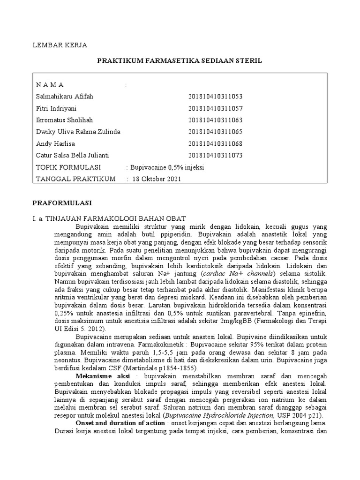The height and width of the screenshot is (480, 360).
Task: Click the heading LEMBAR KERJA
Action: point(59,45)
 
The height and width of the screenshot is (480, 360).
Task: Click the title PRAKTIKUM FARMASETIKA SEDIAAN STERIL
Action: point(180,61)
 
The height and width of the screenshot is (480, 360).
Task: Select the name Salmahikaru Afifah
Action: point(65,97)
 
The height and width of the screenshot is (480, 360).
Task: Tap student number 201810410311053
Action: point(215,97)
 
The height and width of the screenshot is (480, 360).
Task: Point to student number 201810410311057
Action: point(215,108)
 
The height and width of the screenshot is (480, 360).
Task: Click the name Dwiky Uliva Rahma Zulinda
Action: point(78,132)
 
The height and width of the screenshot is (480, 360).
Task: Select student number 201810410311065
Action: point(215,132)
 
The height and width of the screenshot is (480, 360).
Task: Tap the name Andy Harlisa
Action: point(55,143)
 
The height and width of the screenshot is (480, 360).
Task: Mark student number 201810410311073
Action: point(215,155)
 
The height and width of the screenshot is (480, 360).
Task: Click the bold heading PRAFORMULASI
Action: point(61,203)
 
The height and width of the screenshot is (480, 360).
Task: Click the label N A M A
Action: point(50,85)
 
